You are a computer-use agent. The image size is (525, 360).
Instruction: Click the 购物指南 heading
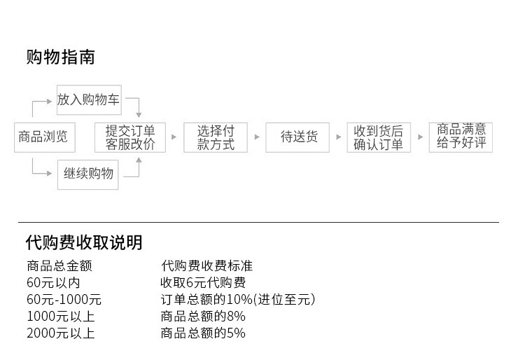pyautogui.click(x=61, y=57)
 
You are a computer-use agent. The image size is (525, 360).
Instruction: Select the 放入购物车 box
pyautogui.click(x=89, y=99)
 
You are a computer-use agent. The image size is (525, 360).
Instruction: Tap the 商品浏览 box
pyautogui.click(x=45, y=137)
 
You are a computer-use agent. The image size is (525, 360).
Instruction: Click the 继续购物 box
pyautogui.click(x=88, y=174)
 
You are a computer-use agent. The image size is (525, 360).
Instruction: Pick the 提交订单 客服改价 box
pyautogui.click(x=130, y=137)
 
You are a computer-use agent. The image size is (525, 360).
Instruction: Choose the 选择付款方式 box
pyautogui.click(x=216, y=137)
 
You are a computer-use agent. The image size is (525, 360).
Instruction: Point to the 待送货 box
pyautogui.click(x=297, y=137)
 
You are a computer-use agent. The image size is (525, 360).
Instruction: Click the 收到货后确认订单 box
pyautogui.click(x=379, y=137)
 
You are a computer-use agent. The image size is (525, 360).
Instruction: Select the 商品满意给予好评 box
pyautogui.click(x=461, y=137)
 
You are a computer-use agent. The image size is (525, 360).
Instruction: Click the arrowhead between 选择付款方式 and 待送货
pyautogui.click(x=257, y=137)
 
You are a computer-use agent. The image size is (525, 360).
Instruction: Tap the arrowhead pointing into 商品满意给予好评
pyautogui.click(x=420, y=137)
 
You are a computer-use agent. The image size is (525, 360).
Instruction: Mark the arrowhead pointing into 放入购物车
pyautogui.click(x=49, y=101)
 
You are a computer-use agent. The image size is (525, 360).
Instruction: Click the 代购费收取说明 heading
pyautogui.click(x=84, y=242)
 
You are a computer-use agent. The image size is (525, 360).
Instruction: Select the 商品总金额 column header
pyautogui.click(x=59, y=266)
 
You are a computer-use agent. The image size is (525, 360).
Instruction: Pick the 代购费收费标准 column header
pyautogui.click(x=206, y=266)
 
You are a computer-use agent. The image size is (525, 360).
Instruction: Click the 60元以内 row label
pyautogui.click(x=53, y=283)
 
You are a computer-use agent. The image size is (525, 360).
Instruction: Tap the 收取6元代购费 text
pyautogui.click(x=203, y=283)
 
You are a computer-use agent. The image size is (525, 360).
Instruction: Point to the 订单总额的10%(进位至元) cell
pyautogui.click(x=238, y=299)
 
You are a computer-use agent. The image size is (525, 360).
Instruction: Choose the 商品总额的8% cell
pyautogui.click(x=203, y=316)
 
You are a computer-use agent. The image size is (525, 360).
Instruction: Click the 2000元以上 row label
pyautogui.click(x=61, y=333)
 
